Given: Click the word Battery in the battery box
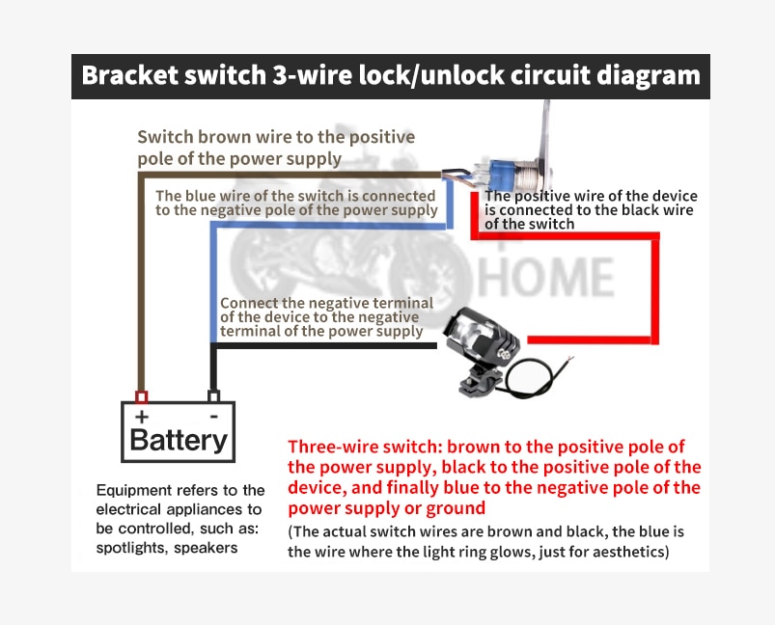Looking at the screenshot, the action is (179, 439).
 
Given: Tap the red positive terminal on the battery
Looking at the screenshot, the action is (141, 396).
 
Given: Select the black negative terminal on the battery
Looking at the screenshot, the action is (213, 396).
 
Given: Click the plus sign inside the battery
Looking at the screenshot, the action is (142, 417).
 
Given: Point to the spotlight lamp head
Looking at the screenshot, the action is (482, 338).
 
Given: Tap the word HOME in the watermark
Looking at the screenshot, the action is (546, 277).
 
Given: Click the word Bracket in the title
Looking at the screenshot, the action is (129, 75).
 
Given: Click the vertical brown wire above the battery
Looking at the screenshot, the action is (141, 282).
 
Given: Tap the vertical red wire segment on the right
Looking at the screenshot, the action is (655, 288).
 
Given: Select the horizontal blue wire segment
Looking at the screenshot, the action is (332, 225).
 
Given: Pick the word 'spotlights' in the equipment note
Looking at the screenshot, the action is (132, 549).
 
